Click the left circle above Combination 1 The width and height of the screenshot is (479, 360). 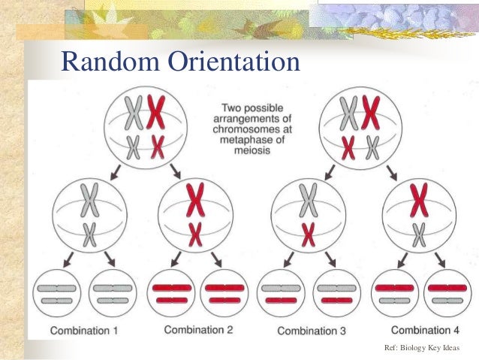[56, 293]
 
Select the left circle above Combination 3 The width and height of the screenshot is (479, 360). [281, 293]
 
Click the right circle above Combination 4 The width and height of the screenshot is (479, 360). [448, 293]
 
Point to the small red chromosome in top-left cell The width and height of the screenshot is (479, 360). [156, 146]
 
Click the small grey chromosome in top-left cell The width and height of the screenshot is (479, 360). [134, 146]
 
